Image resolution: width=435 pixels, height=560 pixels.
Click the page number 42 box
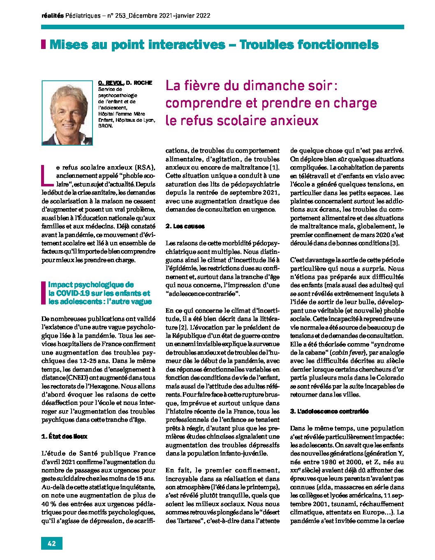52,543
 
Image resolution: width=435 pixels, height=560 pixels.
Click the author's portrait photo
67,112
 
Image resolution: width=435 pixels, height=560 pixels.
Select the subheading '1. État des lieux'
65,436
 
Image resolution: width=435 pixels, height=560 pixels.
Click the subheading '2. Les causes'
185,226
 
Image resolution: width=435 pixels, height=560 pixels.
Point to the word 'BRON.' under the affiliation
106,126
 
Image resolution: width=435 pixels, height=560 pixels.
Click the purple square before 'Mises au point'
44,44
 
